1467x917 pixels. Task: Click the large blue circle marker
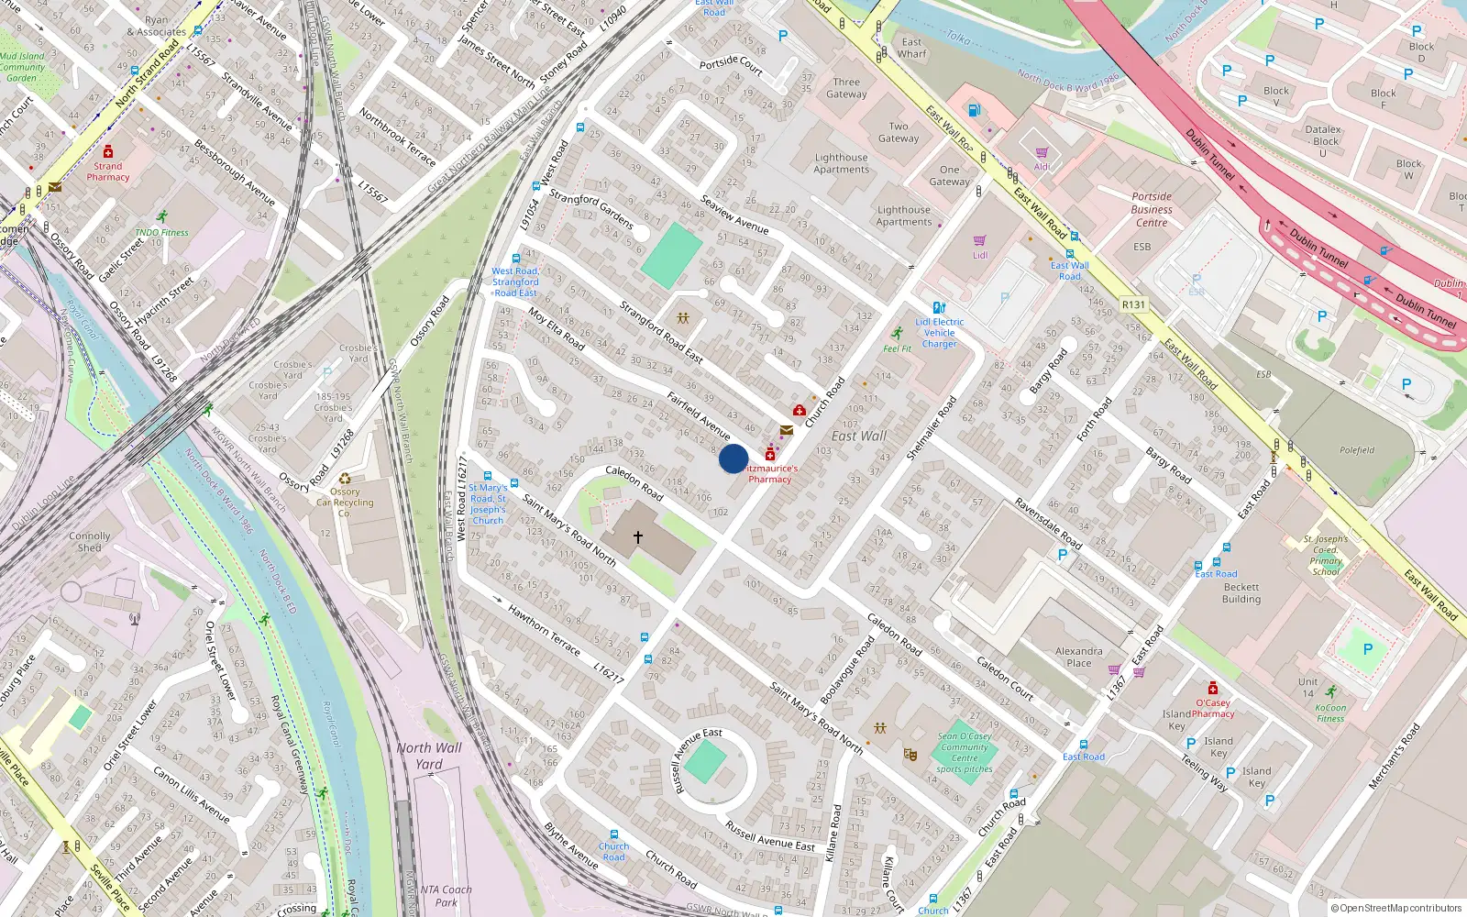click(x=733, y=458)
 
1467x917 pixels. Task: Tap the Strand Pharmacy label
click(x=108, y=171)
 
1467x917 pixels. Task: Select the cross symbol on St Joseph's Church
click(x=638, y=537)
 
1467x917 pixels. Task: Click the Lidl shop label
click(x=980, y=255)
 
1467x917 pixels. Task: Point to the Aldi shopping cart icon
click(x=1042, y=153)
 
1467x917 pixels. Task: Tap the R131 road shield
click(x=1133, y=304)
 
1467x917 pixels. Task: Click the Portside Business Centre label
click(x=1152, y=209)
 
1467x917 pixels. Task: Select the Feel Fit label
click(x=897, y=348)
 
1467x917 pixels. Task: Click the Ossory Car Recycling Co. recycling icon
click(x=345, y=479)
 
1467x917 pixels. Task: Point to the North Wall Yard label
click(x=429, y=756)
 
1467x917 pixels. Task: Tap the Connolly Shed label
click(x=90, y=542)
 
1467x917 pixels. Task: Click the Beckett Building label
click(x=1241, y=593)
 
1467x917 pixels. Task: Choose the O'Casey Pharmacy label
click(x=1212, y=708)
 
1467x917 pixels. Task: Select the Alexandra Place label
click(x=1079, y=657)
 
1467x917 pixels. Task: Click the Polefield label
click(x=1357, y=450)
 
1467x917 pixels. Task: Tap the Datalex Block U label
click(x=1323, y=141)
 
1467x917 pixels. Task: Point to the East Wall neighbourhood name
click(x=859, y=436)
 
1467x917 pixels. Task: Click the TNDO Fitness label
click(x=161, y=232)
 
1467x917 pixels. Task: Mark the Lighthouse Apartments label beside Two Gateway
click(x=841, y=163)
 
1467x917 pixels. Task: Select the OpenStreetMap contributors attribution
click(x=1396, y=908)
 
